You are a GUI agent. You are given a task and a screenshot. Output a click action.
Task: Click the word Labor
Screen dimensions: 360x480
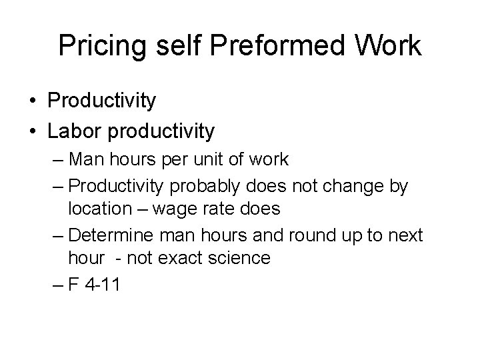74,131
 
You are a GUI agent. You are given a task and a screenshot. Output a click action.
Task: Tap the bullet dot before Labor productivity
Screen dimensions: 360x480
33,132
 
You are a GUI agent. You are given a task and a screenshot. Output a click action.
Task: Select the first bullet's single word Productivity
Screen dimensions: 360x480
102,101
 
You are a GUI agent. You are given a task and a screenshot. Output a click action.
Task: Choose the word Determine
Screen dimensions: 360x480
114,233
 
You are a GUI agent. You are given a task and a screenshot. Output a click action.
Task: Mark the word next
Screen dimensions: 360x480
403,233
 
